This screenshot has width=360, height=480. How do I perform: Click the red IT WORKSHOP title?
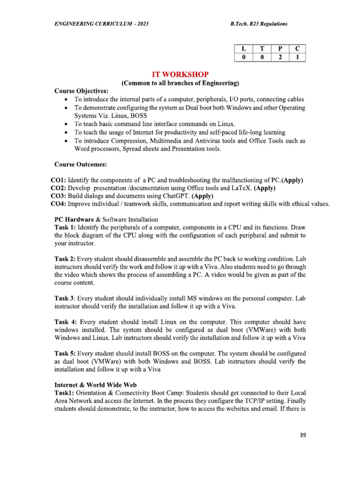tap(180, 75)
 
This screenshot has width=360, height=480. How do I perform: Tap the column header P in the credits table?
tap(280, 49)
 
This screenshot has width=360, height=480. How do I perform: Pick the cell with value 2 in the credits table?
tap(280, 58)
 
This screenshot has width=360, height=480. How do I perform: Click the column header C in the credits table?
tap(298, 49)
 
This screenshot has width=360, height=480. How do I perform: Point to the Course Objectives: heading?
tap(81, 91)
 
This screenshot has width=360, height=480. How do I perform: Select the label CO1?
tap(59, 180)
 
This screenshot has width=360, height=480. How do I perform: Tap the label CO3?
tap(59, 196)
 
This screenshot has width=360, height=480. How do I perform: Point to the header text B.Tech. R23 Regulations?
tap(259, 24)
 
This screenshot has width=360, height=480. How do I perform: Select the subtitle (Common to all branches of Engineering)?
tap(180, 83)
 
